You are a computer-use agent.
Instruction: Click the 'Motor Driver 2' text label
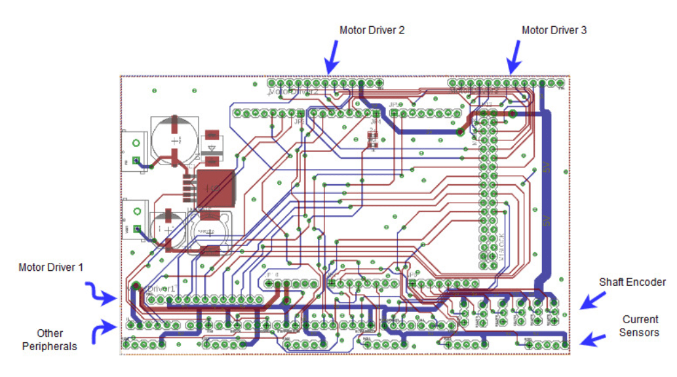pyautogui.click(x=371, y=30)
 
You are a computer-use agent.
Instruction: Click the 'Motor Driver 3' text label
pyautogui.click(x=554, y=30)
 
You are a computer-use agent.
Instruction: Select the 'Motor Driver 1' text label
pyautogui.click(x=51, y=268)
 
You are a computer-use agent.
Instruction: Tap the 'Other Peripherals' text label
pyautogui.click(x=50, y=339)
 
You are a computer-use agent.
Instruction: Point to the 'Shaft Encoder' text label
pyautogui.click(x=632, y=282)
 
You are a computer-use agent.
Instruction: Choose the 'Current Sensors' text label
pyautogui.click(x=640, y=326)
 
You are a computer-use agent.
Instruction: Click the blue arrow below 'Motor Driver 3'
pyautogui.click(x=514, y=58)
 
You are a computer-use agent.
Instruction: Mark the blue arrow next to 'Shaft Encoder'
pyautogui.click(x=592, y=300)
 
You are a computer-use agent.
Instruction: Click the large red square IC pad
pyautogui.click(x=215, y=188)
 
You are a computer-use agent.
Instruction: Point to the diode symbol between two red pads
pyautogui.click(x=212, y=148)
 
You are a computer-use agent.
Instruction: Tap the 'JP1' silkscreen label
pyautogui.click(x=375, y=122)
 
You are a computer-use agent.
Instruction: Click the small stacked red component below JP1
pyautogui.click(x=373, y=140)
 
